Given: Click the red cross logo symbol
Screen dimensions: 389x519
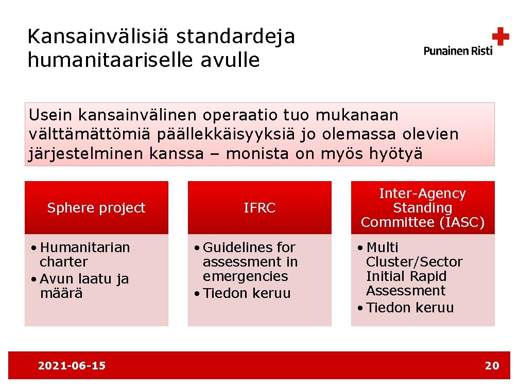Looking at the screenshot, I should tap(500, 37).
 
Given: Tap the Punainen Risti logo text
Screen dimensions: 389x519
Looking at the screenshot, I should tap(458, 50).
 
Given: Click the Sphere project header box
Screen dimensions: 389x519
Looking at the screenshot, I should tap(96, 208).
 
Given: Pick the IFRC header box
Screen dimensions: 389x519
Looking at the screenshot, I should tap(259, 208).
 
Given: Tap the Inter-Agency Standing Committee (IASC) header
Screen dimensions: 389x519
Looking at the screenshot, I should tap(422, 208).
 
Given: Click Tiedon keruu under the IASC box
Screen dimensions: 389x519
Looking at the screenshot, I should tap(410, 308).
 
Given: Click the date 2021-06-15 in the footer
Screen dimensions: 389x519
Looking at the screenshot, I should tap(72, 366).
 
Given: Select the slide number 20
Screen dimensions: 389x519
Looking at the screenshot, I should tap(492, 366).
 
